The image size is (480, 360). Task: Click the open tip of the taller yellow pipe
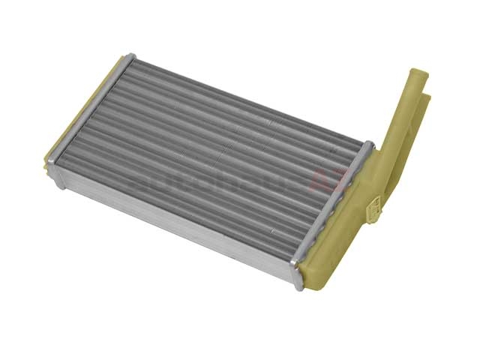point(418,73)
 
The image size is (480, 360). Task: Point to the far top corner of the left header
point(130,58)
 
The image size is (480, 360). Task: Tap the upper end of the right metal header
point(367,145)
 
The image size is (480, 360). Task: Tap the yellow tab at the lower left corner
point(51,161)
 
